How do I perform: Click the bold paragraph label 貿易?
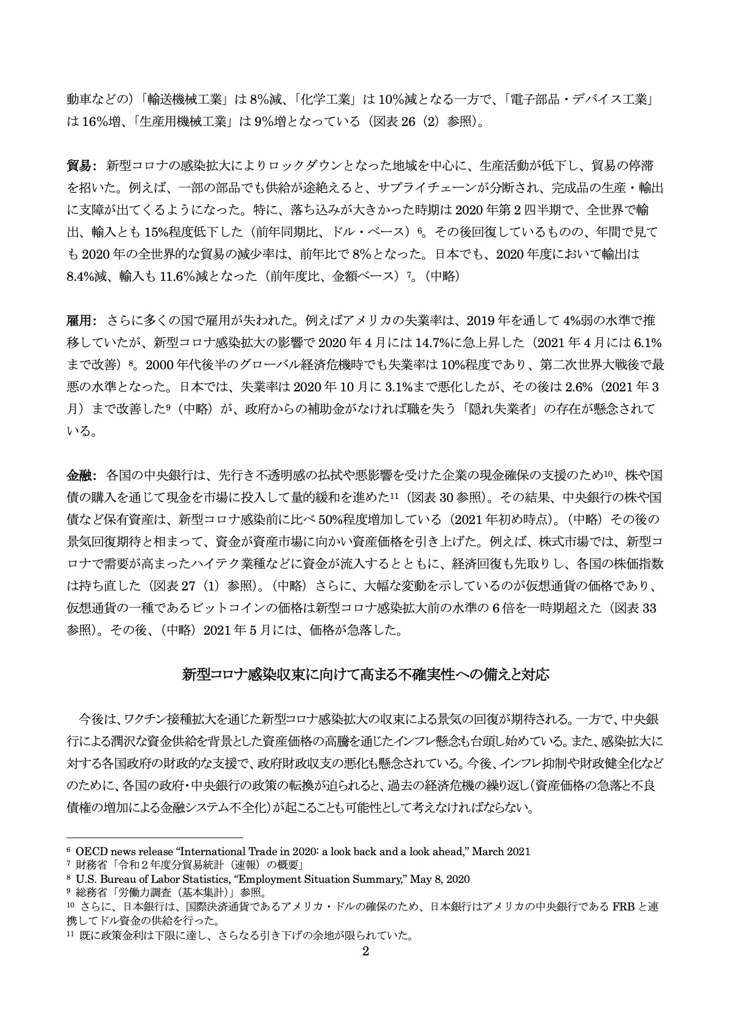pyautogui.click(x=78, y=165)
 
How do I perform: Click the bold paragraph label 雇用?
pyautogui.click(x=78, y=320)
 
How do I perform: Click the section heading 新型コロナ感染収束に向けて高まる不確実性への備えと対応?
pyautogui.click(x=365, y=674)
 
